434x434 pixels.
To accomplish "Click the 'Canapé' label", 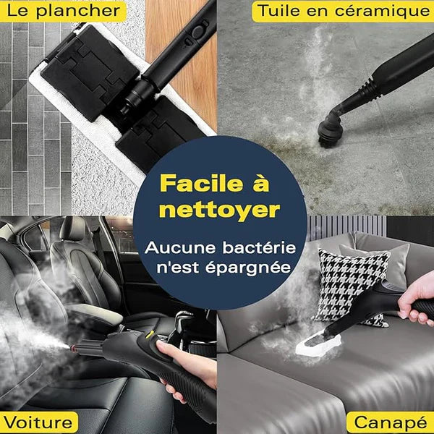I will pyautogui.click(x=388, y=422).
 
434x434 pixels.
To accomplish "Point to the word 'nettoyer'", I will pyautogui.click(x=218, y=210).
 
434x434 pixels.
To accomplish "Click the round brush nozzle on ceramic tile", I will pyautogui.click(x=332, y=129).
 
